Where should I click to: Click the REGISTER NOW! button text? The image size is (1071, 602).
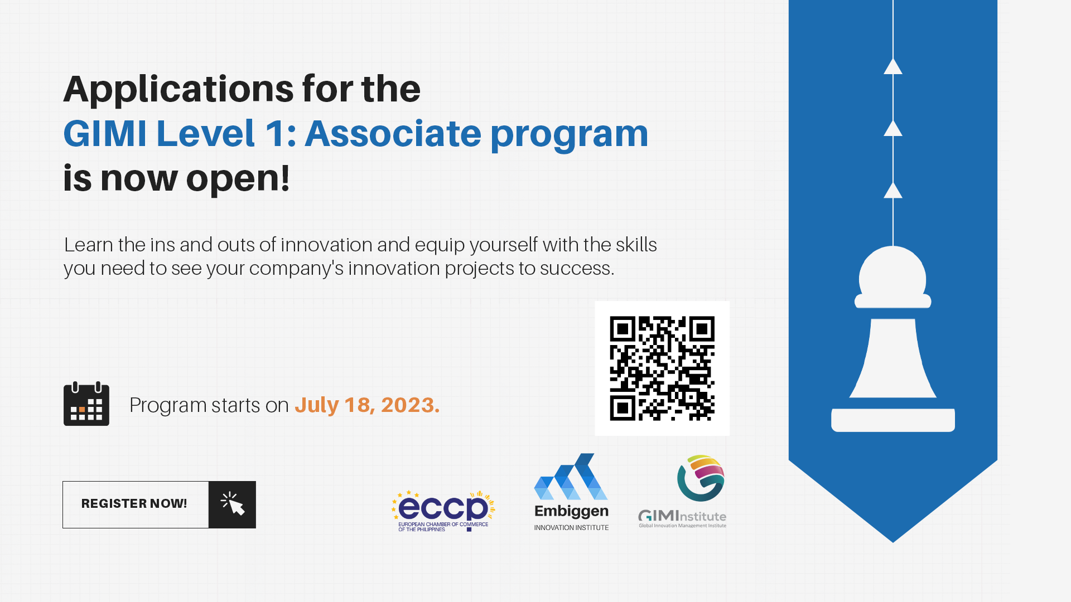134,504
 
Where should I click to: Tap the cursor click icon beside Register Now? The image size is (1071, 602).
232,504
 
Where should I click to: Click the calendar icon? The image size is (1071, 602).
86,404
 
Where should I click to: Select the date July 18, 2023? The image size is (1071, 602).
367,405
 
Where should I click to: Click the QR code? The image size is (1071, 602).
662,368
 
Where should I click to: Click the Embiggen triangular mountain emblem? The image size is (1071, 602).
571,478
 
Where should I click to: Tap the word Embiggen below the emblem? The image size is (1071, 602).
571,511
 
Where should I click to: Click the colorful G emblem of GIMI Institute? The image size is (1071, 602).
701,478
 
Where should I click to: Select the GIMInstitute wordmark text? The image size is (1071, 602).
682,517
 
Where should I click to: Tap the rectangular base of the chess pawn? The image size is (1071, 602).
893,420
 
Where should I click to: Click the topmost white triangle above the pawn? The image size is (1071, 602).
893,67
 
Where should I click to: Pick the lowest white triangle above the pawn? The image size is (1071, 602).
893,191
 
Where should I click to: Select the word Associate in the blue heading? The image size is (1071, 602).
393,134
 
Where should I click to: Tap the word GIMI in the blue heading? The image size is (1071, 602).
104,134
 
